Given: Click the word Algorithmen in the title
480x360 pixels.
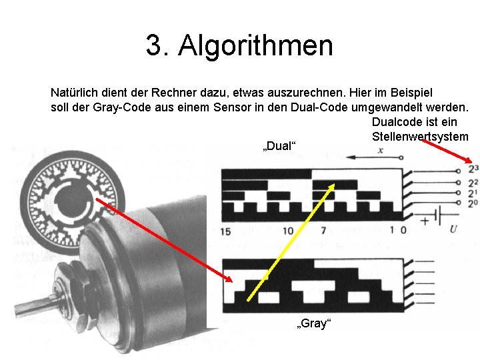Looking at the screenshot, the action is click(256, 45).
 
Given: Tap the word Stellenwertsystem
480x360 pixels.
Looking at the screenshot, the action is click(420, 136).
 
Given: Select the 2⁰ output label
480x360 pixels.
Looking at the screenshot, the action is click(473, 203).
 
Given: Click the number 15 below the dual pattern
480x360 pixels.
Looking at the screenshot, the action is click(225, 231).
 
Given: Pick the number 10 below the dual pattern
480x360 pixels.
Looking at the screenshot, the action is click(287, 231).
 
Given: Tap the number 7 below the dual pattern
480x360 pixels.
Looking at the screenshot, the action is click(323, 231).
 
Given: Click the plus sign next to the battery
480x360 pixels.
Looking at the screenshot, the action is click(424, 221).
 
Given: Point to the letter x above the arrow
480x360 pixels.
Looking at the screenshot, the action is click(381, 151).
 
